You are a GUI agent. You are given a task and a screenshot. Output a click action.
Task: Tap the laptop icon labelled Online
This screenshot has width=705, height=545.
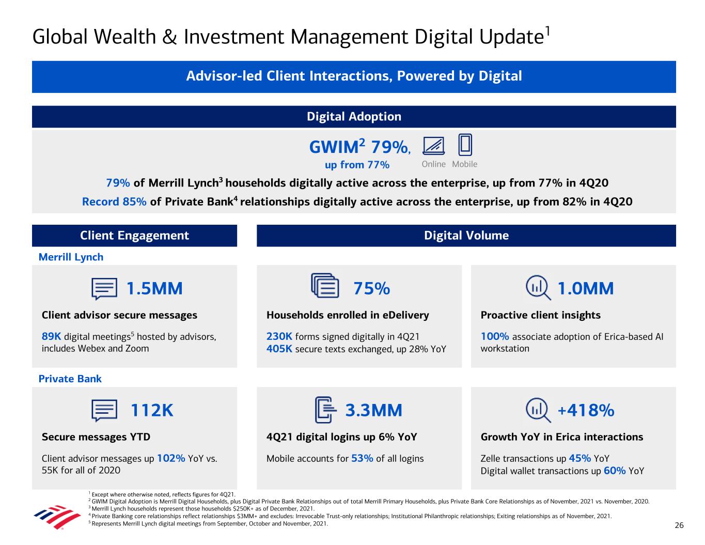tap(433, 146)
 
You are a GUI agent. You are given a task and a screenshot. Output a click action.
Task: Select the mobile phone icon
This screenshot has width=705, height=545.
tap(465, 145)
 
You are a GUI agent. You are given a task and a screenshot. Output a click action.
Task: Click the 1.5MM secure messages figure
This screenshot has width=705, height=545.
tap(154, 288)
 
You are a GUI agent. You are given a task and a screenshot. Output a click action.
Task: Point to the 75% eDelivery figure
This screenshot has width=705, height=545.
tap(371, 288)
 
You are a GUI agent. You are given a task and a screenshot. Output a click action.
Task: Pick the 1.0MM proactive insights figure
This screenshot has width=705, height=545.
tap(586, 288)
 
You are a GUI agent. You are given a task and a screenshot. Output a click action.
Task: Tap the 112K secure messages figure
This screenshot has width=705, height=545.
tap(152, 410)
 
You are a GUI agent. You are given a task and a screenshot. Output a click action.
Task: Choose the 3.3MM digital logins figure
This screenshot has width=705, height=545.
tap(373, 410)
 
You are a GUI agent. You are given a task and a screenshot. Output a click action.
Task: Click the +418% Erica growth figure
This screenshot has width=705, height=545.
tap(586, 410)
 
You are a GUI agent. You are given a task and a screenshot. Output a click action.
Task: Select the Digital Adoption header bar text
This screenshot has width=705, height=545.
tap(354, 116)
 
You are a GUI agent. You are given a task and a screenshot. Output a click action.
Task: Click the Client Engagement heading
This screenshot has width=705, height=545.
tap(134, 236)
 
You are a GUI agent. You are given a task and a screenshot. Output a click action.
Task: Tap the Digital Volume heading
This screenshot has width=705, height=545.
tap(466, 236)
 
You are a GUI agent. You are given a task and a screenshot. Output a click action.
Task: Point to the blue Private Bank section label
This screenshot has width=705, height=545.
tap(70, 379)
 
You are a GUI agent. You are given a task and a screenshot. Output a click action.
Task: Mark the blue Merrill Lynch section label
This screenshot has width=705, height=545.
tap(71, 257)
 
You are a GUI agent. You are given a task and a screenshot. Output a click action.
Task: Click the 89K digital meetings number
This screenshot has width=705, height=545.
tap(51, 337)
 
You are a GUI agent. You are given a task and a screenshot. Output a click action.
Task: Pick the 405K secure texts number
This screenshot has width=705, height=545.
tap(279, 349)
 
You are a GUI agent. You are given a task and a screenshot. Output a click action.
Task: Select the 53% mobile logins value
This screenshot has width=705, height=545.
tap(362, 458)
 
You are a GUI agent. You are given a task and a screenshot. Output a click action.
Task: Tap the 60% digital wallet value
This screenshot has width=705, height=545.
tap(615, 471)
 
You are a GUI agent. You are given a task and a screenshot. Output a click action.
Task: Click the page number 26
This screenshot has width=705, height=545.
tap(679, 525)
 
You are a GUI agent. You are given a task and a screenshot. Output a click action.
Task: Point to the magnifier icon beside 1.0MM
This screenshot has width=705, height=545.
tap(537, 287)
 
